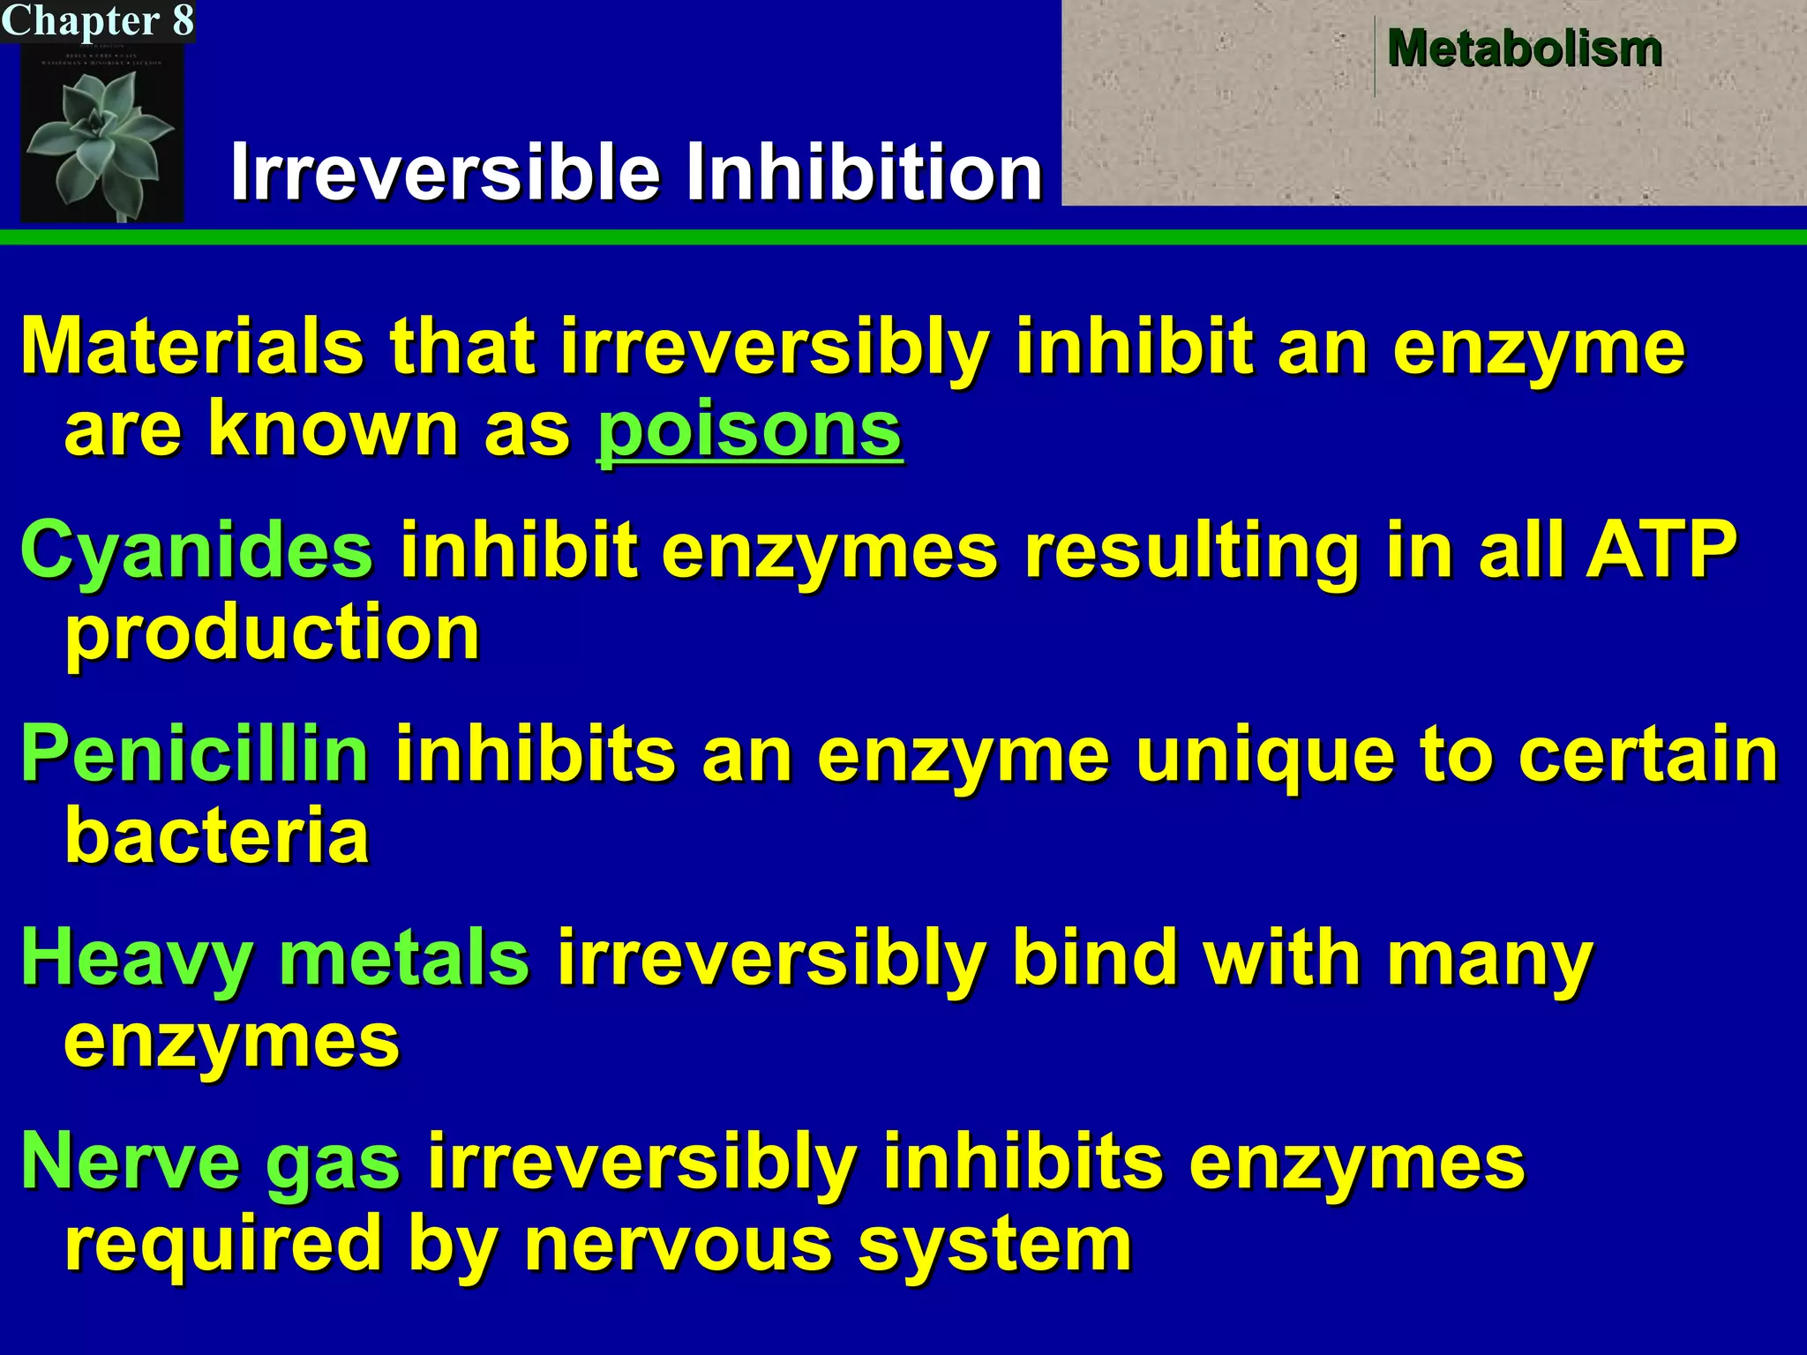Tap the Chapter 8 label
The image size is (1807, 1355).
tap(97, 20)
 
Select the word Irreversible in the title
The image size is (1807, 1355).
tap(446, 172)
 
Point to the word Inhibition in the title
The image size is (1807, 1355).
tap(865, 172)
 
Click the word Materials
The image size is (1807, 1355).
tap(192, 347)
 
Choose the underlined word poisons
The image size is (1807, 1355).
tap(749, 430)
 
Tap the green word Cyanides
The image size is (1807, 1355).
tap(197, 550)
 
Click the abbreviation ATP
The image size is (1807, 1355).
tap(1661, 549)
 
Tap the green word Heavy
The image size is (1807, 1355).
tap(137, 958)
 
